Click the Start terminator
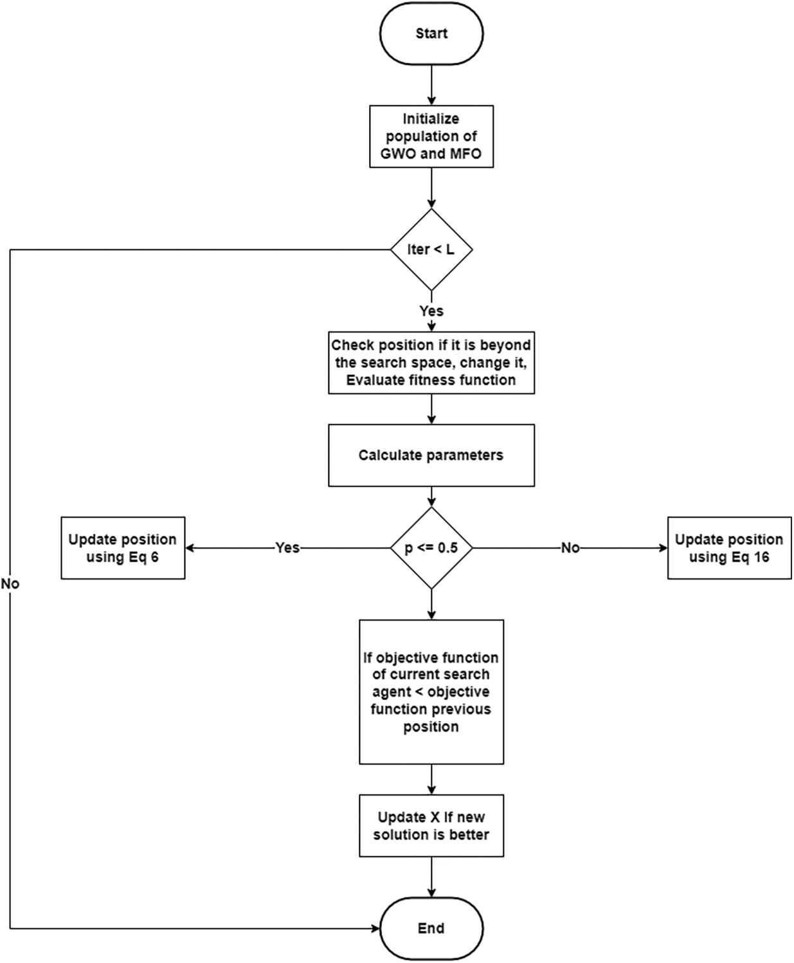tap(431, 33)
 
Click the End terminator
tap(431, 928)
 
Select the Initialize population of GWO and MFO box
tap(431, 136)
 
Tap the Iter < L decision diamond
tap(431, 250)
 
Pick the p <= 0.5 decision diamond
tap(431, 548)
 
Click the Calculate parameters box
tap(431, 455)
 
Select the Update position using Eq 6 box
tap(123, 548)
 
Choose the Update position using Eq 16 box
tap(729, 548)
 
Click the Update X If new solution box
tap(431, 826)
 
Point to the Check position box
tap(431, 363)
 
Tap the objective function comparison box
tap(431, 692)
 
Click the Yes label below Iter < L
tap(431, 311)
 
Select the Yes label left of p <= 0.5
tap(287, 548)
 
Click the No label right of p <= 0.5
tap(570, 548)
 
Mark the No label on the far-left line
tap(10, 584)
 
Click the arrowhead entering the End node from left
tap(375, 928)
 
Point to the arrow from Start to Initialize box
tap(431, 85)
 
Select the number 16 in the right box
tap(761, 557)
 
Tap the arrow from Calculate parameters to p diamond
tap(431, 497)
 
